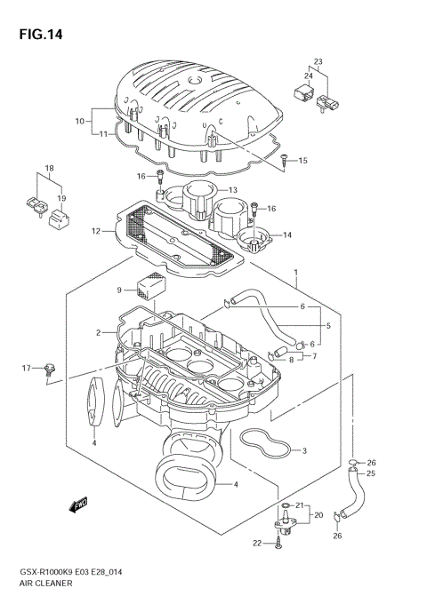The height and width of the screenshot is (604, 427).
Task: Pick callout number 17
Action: [x=26, y=368]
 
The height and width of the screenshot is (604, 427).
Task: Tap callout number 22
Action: [x=258, y=543]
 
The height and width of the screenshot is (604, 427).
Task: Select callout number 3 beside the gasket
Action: [x=304, y=451]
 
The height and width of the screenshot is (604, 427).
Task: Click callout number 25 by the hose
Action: [x=372, y=473]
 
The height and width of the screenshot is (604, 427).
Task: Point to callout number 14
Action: [x=286, y=234]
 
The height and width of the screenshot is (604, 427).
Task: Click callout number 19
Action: [x=62, y=198]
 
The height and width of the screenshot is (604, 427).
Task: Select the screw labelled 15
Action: [x=283, y=161]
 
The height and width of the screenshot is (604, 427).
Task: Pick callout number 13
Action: [x=232, y=191]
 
